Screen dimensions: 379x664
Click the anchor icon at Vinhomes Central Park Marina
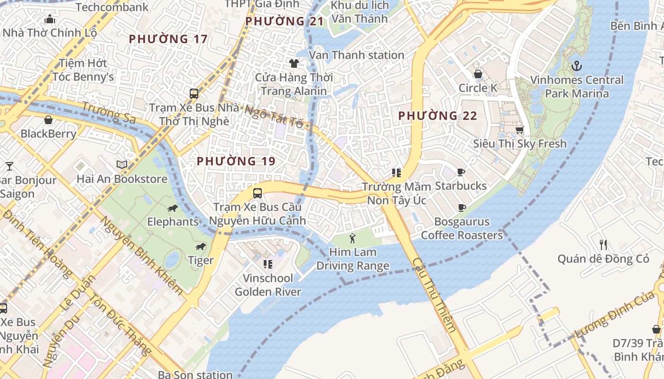(x=577, y=65)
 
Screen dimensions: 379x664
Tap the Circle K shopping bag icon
(x=478, y=74)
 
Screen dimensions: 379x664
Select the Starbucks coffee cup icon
(x=461, y=172)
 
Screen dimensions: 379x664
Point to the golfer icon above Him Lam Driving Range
(x=352, y=238)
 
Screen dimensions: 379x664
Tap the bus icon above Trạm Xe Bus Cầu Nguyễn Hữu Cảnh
(x=257, y=193)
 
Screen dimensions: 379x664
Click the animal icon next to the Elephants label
(x=173, y=208)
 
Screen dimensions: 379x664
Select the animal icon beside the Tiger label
(x=201, y=247)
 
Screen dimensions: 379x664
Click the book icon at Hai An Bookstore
(x=122, y=165)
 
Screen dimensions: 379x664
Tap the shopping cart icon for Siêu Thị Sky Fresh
(x=519, y=130)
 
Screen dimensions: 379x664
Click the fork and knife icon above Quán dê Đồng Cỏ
(x=603, y=245)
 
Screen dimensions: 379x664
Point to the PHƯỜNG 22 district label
(x=437, y=116)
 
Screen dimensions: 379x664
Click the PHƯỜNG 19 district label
(x=236, y=161)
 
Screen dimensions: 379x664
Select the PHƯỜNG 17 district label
(x=168, y=39)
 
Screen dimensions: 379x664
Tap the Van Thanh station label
(x=356, y=55)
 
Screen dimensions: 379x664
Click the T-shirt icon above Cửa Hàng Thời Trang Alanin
(x=294, y=63)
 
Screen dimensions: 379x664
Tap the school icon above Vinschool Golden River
(x=267, y=264)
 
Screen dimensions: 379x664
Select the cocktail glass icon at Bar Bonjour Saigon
(x=9, y=166)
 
